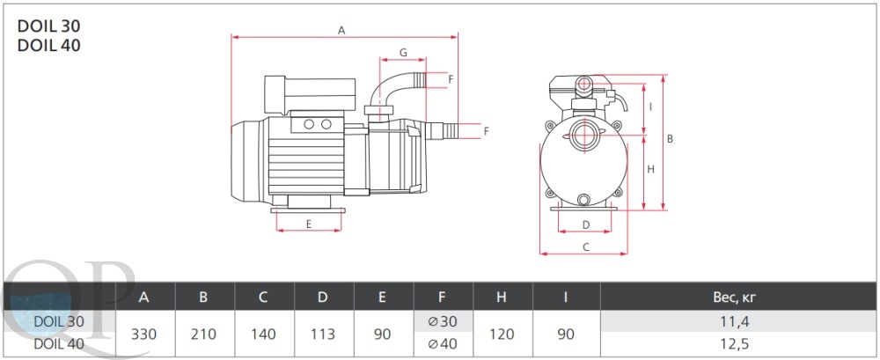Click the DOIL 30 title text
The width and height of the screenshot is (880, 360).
click(48, 26)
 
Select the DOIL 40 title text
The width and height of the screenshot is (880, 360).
click(48, 45)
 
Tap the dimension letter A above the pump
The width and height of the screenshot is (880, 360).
click(341, 30)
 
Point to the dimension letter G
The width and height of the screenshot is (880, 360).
click(403, 52)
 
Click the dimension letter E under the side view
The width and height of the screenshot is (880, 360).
click(309, 224)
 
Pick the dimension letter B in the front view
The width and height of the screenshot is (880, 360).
click(670, 139)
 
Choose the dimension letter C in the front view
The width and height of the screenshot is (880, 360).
click(586, 246)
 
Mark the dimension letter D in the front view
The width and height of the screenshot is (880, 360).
click(586, 224)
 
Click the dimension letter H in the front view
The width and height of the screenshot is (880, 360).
click(651, 169)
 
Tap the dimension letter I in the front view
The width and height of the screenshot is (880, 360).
click(649, 107)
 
